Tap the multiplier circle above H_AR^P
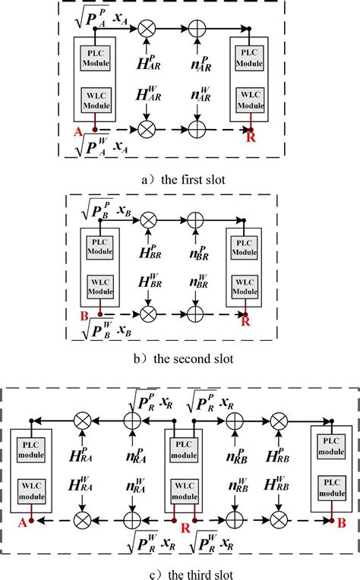pyautogui.click(x=147, y=30)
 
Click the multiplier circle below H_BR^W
pyautogui.click(x=149, y=312)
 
